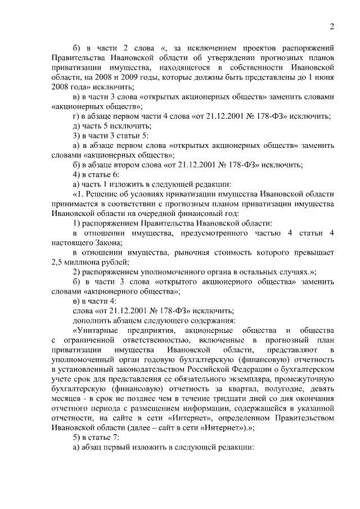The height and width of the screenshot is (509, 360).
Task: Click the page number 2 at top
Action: (x=332, y=26)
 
